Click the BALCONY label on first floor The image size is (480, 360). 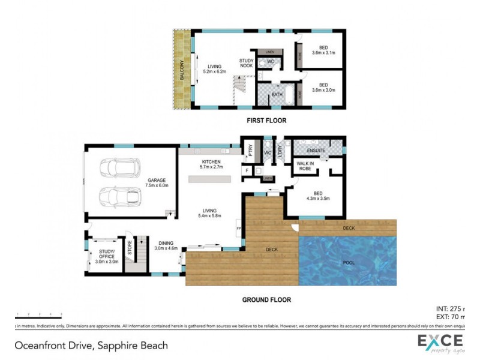[x=181, y=70]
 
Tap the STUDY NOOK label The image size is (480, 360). [x=246, y=63]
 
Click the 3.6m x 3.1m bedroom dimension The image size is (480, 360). [x=323, y=53]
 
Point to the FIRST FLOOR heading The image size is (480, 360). [x=266, y=121]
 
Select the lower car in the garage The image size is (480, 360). [x=119, y=196]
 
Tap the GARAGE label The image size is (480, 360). [x=157, y=183]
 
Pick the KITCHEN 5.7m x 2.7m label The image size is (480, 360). [x=211, y=164]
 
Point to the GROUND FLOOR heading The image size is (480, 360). [x=266, y=299]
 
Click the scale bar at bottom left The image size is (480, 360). [x=37, y=314]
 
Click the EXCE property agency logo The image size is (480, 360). [x=442, y=344]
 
